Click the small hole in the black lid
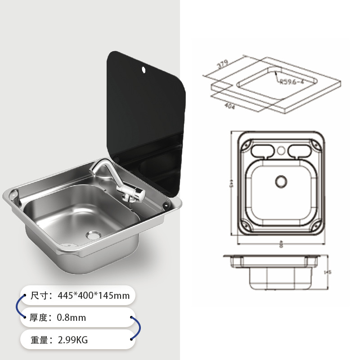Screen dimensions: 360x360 [x=143, y=70]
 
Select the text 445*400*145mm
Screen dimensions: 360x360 [x=93, y=296]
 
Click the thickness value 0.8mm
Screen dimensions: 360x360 [x=71, y=318]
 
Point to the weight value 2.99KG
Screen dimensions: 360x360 [x=72, y=340]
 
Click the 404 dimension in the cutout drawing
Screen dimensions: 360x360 [x=229, y=106]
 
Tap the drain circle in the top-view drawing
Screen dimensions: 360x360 [x=281, y=181]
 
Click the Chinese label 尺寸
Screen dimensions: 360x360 [x=39, y=296]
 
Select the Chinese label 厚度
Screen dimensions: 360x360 [x=39, y=318]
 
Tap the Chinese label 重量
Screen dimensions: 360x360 [x=39, y=340]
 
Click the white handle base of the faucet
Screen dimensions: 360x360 [x=135, y=194]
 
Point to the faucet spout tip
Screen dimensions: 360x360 [x=93, y=171]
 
